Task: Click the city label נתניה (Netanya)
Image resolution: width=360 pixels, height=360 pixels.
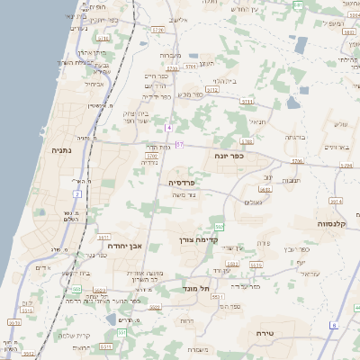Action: (61, 150)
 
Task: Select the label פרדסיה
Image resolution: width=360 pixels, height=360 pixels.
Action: (183, 182)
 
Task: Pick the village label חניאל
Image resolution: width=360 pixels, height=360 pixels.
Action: (256, 121)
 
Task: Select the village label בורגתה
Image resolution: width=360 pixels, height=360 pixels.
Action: (295, 137)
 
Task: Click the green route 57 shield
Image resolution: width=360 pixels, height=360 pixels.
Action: (180, 144)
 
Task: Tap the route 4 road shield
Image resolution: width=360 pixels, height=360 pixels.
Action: (168, 128)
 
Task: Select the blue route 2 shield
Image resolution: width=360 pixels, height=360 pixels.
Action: (78, 193)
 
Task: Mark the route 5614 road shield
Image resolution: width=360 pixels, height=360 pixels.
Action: (336, 201)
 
